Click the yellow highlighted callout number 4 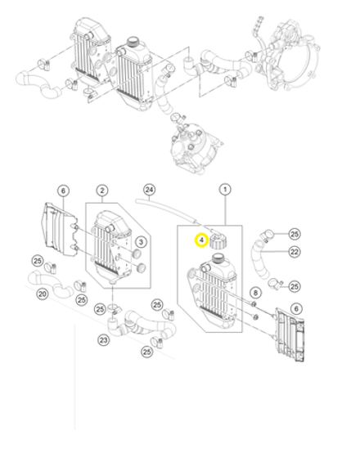click(200, 241)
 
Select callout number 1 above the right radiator click(223, 190)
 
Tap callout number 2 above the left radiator click(102, 190)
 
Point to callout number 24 click(149, 190)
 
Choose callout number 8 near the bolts click(254, 292)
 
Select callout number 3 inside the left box click(140, 242)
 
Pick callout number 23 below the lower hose click(103, 339)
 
